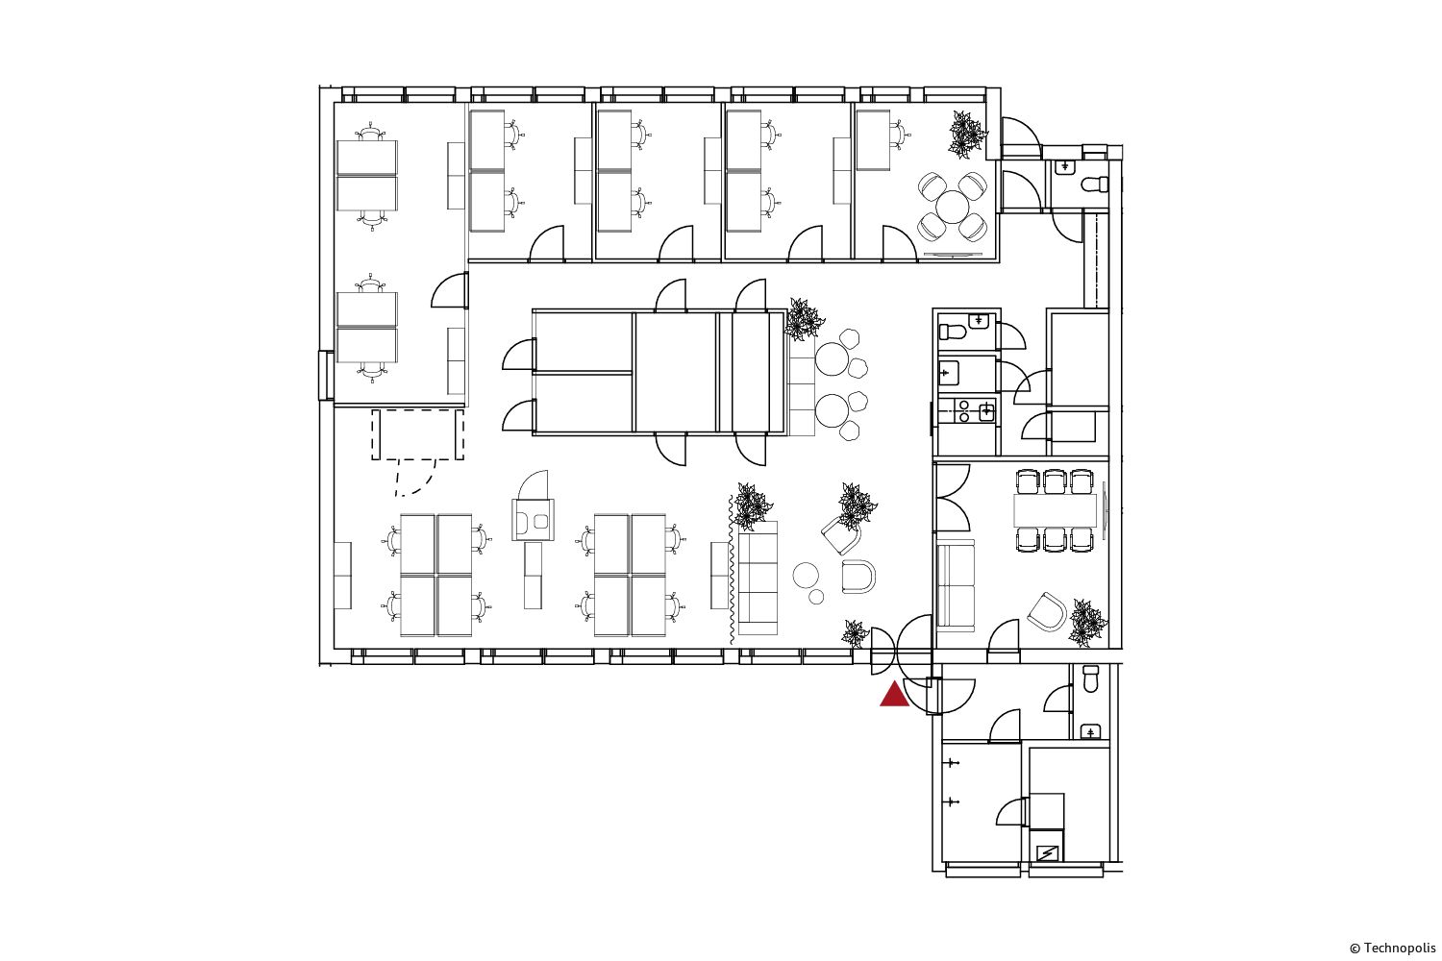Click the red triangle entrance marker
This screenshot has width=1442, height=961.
894,695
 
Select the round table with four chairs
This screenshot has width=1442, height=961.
952,208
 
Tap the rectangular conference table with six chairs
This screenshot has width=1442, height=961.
1056,510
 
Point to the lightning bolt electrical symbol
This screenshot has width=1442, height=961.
1047,853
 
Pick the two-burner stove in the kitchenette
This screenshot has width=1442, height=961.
964,410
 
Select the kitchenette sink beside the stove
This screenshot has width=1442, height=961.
986,410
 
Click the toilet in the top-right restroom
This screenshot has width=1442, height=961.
1095,185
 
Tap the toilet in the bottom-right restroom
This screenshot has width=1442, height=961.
1090,679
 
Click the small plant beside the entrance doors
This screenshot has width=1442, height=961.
856,633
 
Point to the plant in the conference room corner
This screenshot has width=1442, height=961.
1087,623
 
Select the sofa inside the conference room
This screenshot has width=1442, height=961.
956,583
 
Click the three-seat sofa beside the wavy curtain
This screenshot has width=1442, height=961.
758,578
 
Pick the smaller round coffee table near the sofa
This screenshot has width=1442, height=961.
816,597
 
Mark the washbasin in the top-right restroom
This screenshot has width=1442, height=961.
1066,166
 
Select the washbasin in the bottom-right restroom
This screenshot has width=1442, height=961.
1090,732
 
